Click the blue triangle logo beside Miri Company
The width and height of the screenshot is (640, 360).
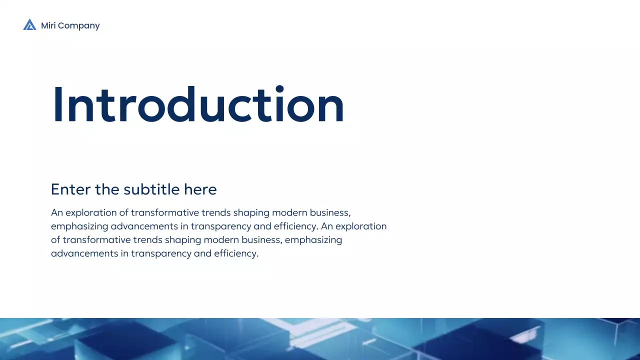pyautogui.click(x=29, y=25)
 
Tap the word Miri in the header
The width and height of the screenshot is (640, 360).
pyautogui.click(x=48, y=25)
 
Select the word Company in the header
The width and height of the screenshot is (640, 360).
pyautogui.click(x=79, y=26)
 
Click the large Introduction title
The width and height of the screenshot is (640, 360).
pyautogui.click(x=198, y=105)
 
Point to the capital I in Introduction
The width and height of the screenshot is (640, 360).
pyautogui.click(x=58, y=105)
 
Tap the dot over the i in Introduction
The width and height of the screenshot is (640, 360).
pyautogui.click(x=279, y=89)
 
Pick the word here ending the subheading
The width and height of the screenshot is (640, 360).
pyautogui.click(x=200, y=189)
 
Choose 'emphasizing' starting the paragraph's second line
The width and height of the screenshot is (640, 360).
pyautogui.click(x=79, y=226)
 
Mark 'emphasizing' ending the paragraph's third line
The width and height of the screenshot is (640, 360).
pyautogui.click(x=314, y=240)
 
